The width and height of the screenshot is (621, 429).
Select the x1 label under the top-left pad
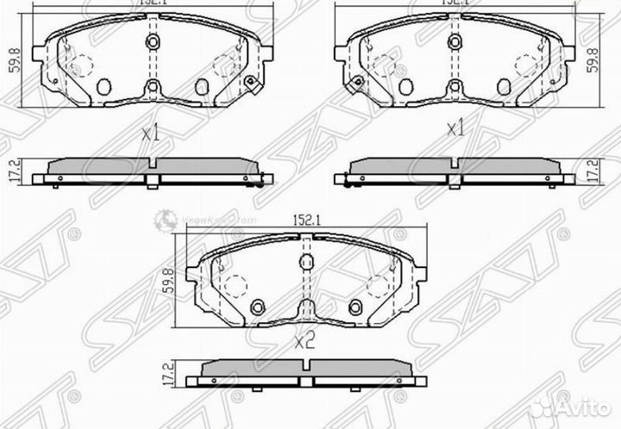[x=152, y=134]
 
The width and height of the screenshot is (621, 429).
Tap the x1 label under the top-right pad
[x=455, y=129]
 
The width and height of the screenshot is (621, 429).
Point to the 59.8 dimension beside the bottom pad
[x=169, y=283]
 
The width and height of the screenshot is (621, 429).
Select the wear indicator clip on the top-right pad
[x=354, y=83]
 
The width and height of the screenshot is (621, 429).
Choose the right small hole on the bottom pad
[x=354, y=304]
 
